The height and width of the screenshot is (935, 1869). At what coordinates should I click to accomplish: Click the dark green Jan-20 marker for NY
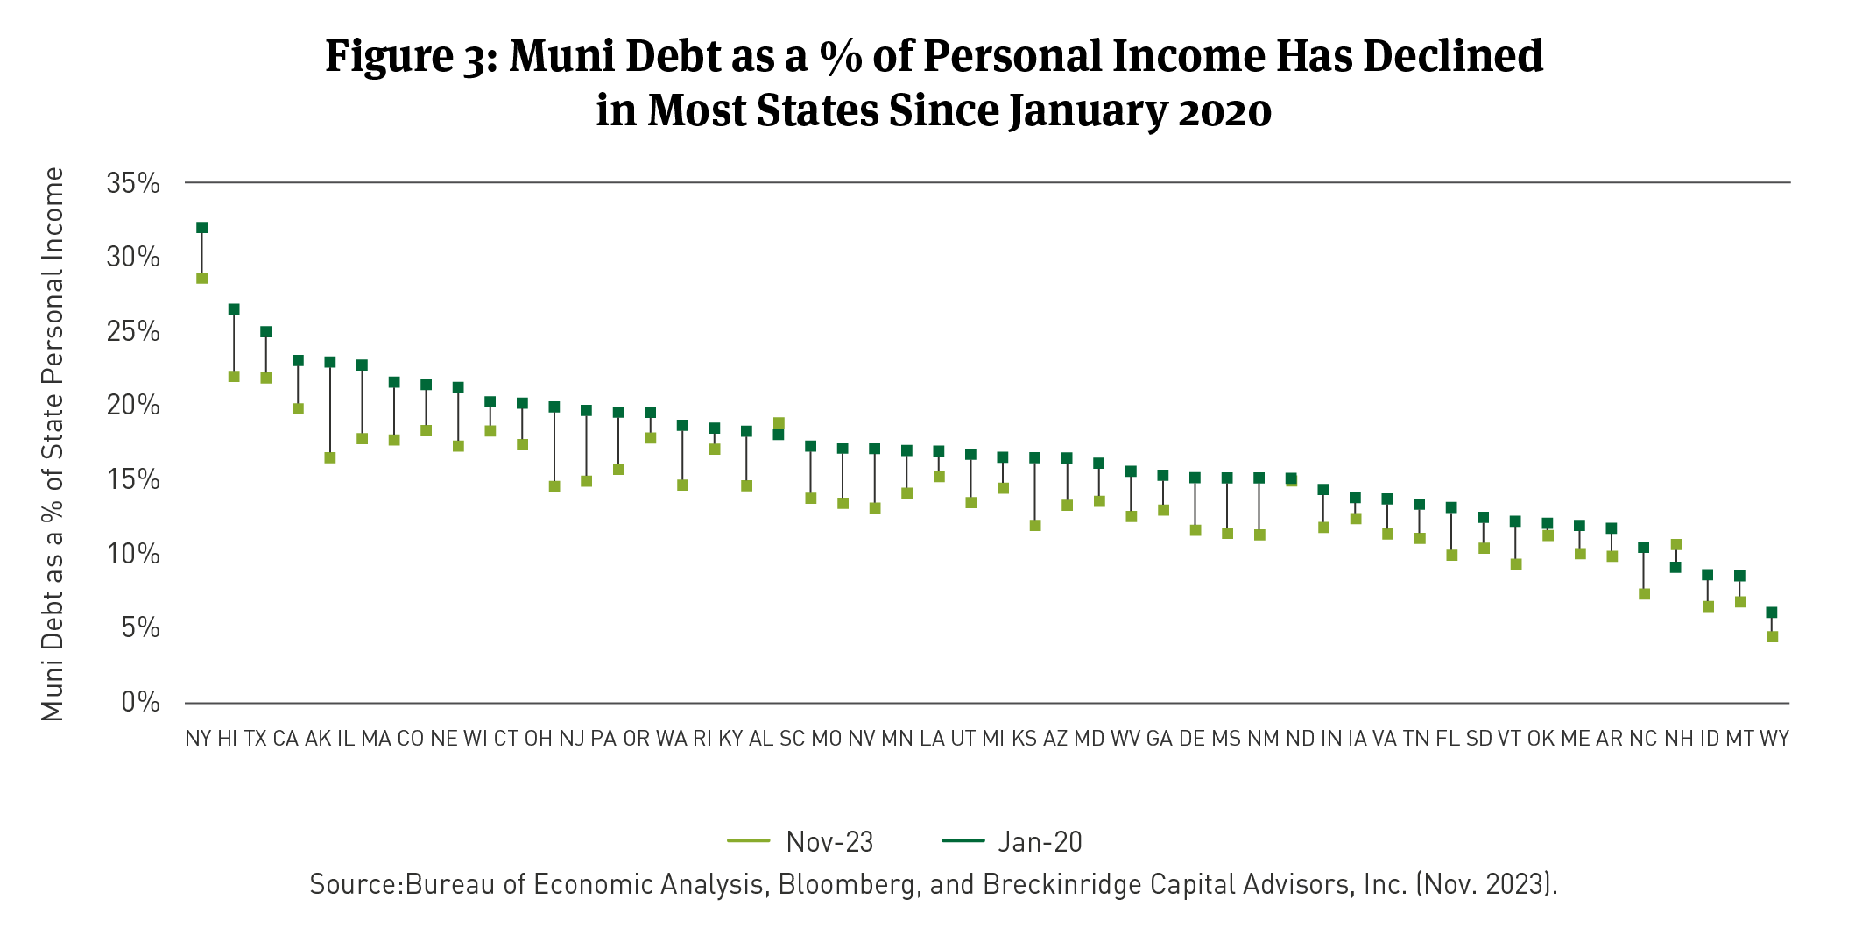click(x=201, y=228)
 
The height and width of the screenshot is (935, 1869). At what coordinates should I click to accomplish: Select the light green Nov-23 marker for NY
click(x=201, y=279)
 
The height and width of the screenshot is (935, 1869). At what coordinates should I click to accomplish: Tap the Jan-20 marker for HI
click(x=234, y=309)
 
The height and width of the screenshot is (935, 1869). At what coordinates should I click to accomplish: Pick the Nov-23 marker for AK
click(x=330, y=458)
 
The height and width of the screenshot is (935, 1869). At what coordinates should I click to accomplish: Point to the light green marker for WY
click(x=1772, y=637)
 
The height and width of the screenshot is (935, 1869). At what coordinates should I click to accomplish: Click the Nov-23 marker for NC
click(x=1644, y=594)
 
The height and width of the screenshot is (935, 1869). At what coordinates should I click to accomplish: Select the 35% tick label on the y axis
click(x=133, y=184)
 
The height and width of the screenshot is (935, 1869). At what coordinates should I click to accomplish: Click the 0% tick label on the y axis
click(x=141, y=703)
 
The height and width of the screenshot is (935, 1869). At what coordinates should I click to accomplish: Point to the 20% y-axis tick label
click(x=133, y=406)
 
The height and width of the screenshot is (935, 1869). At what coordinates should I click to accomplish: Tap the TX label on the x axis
click(x=255, y=739)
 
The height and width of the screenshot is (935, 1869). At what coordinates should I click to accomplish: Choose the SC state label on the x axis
click(x=792, y=739)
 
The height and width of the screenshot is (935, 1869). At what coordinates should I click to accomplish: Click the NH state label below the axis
click(x=1678, y=739)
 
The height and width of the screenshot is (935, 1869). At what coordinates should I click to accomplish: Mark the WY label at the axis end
click(x=1774, y=739)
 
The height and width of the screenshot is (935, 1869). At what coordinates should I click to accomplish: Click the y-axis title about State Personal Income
click(x=53, y=444)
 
